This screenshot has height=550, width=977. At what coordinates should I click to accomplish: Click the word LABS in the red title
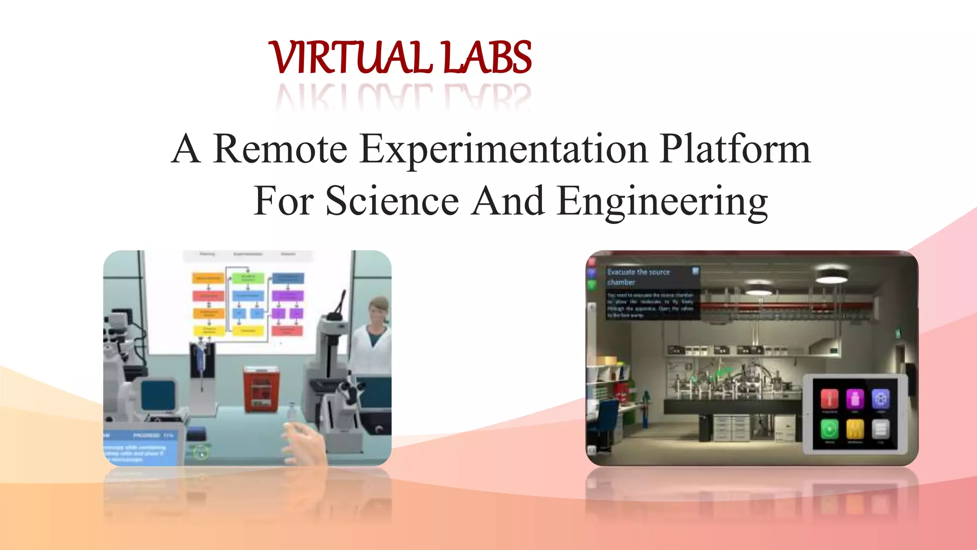pos(487,58)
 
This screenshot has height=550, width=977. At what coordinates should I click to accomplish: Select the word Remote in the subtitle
pos(280,149)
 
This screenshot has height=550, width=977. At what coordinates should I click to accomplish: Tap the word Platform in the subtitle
pos(735,149)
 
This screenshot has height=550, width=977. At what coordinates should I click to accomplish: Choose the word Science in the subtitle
pos(392,201)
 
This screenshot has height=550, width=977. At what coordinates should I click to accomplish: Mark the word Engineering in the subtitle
pos(663,202)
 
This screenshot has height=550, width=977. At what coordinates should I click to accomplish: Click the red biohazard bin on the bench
pos(261,388)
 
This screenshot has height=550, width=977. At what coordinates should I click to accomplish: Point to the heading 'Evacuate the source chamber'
pos(638,277)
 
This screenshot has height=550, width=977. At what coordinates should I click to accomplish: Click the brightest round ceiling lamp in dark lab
pos(831,275)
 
